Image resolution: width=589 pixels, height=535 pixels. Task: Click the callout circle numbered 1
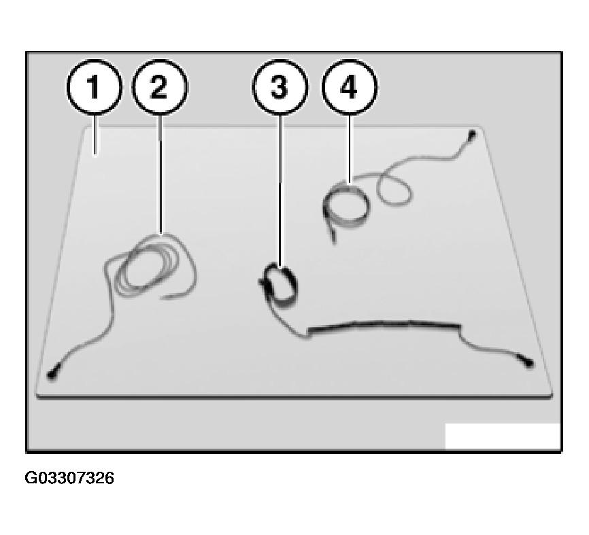click(x=95, y=87)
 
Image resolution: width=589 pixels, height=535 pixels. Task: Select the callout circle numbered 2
click(x=160, y=87)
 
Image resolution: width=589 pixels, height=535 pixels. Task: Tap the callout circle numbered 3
click(x=280, y=87)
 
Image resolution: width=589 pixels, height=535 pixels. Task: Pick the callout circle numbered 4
click(x=350, y=87)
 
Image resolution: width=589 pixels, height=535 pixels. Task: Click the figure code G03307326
click(x=69, y=479)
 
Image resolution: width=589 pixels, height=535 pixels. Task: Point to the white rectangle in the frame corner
click(x=503, y=436)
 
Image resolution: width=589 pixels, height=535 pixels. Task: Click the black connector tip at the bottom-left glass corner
click(x=51, y=375)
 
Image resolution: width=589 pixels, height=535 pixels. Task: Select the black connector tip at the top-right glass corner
click(x=472, y=134)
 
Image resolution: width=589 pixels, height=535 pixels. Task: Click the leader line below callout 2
click(x=161, y=174)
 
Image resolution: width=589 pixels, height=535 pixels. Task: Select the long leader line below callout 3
click(x=280, y=190)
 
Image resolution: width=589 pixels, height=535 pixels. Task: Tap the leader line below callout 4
click(x=350, y=148)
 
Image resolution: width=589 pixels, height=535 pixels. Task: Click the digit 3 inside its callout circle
click(x=279, y=87)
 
